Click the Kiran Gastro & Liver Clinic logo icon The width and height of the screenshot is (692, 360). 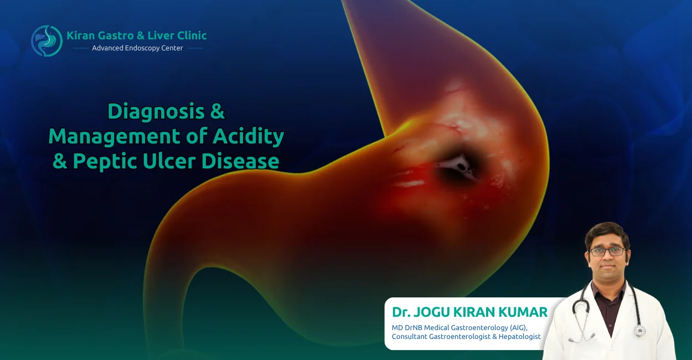47,40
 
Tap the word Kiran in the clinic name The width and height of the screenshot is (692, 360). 81,36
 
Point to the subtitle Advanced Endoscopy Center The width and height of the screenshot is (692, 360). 137,48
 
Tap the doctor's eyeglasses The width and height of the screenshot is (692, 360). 607,251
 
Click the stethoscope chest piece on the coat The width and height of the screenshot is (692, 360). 640,330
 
